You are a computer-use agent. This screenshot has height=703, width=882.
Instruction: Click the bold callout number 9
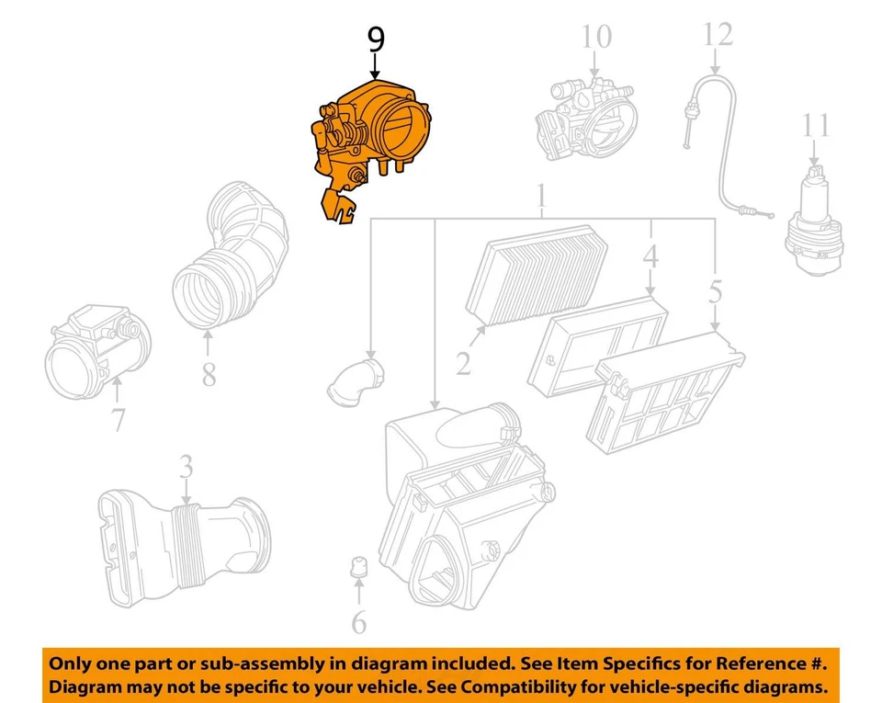(x=376, y=40)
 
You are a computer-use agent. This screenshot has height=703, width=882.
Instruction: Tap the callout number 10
(x=595, y=37)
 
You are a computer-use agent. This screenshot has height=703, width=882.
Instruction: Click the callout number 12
(x=718, y=35)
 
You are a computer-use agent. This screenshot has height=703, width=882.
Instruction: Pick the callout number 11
(x=814, y=125)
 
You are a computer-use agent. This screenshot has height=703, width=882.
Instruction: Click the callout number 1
(x=542, y=195)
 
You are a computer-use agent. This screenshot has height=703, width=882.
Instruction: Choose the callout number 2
(x=463, y=364)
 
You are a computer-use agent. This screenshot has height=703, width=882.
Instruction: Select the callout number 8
(x=209, y=374)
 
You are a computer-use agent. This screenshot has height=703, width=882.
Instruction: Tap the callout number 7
(x=118, y=420)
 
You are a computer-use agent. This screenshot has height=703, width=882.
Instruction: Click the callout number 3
(x=186, y=468)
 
